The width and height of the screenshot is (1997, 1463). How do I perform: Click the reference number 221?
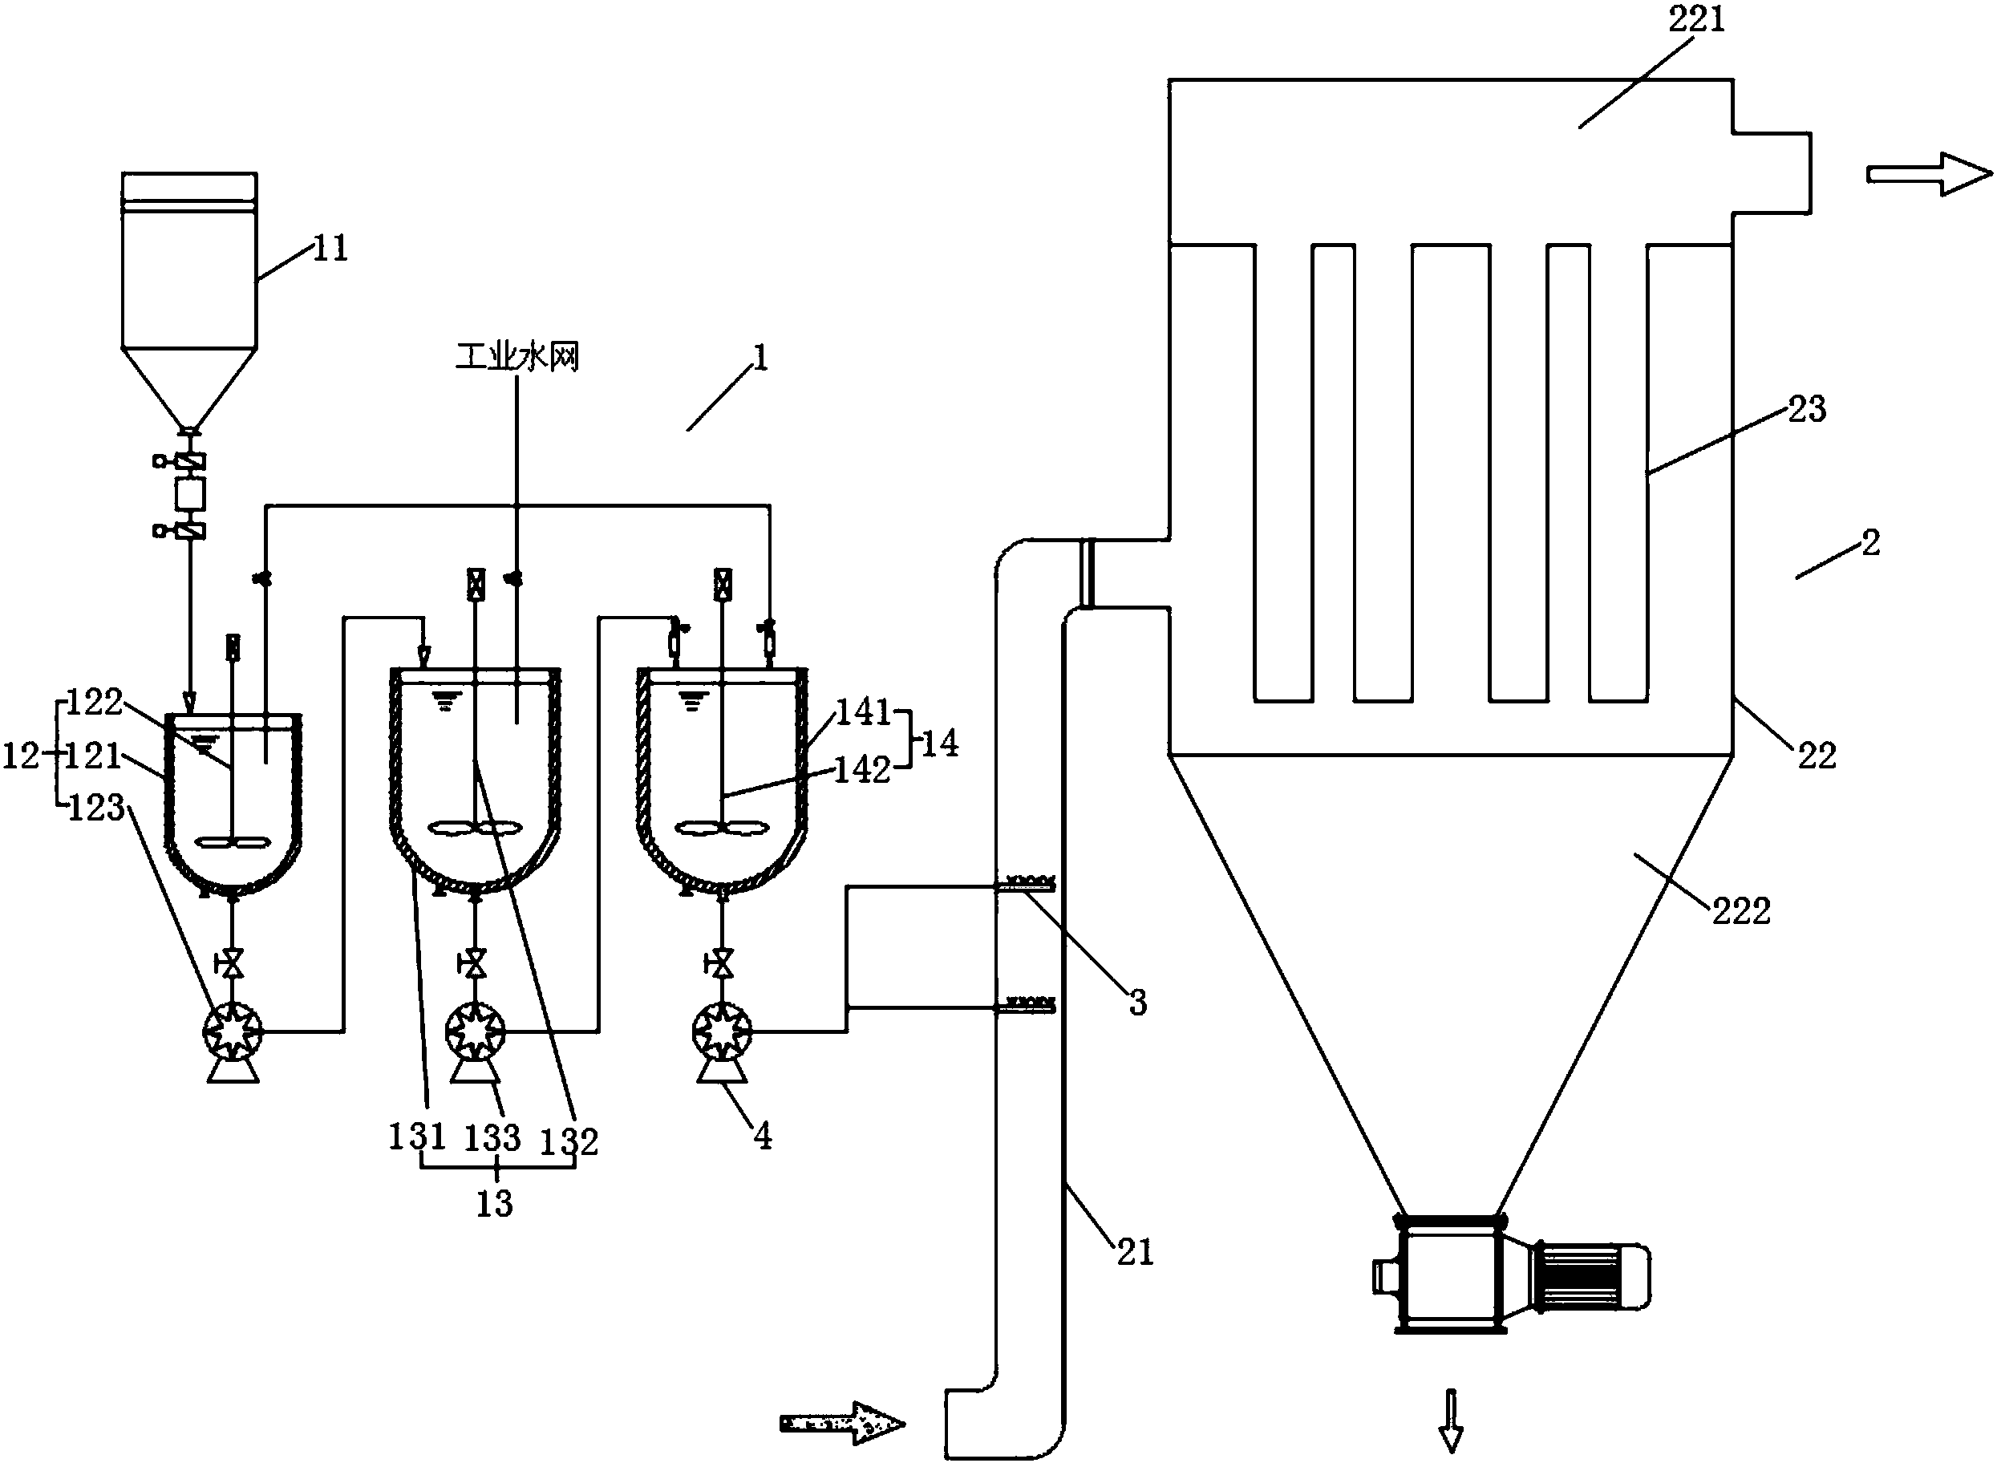1697,19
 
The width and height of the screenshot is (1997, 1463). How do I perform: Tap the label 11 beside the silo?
330,249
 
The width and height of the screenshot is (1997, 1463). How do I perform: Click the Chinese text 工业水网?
517,357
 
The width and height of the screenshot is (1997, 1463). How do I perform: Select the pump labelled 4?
722,1031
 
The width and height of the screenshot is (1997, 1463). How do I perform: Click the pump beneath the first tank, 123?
233,1031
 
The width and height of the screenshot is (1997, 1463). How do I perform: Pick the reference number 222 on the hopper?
1740,911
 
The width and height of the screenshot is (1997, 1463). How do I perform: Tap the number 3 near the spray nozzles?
1137,1003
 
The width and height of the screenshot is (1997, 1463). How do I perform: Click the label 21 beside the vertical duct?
1134,1252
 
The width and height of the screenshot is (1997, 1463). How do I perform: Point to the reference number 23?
1807,409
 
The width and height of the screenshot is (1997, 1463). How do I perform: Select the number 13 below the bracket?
494,1203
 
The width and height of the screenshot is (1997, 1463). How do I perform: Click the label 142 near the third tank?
861,771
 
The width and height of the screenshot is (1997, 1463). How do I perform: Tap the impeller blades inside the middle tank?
476,829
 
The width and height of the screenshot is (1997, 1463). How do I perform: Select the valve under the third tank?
723,962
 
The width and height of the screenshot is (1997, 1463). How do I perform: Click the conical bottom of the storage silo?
188,385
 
